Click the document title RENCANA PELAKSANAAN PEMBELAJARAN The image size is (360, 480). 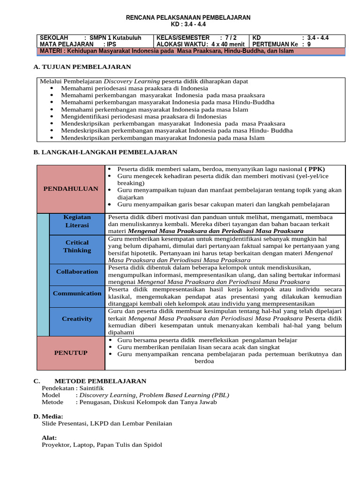click(188, 17)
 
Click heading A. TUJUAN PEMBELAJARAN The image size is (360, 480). click(82, 67)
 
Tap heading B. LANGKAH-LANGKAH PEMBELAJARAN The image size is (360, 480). click(105, 152)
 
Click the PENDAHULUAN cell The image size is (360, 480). click(71, 188)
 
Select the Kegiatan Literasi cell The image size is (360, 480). click(77, 221)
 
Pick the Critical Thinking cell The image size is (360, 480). click(77, 247)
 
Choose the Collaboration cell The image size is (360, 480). click(77, 271)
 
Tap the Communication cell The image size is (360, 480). click(77, 293)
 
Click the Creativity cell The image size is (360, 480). click(77, 319)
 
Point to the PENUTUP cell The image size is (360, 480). click(71, 352)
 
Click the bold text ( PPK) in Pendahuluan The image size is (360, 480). click(315, 169)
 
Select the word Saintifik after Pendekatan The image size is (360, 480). click(92, 388)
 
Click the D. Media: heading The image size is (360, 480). click(48, 416)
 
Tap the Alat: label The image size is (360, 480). click(49, 437)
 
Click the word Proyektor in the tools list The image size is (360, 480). click(55, 445)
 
